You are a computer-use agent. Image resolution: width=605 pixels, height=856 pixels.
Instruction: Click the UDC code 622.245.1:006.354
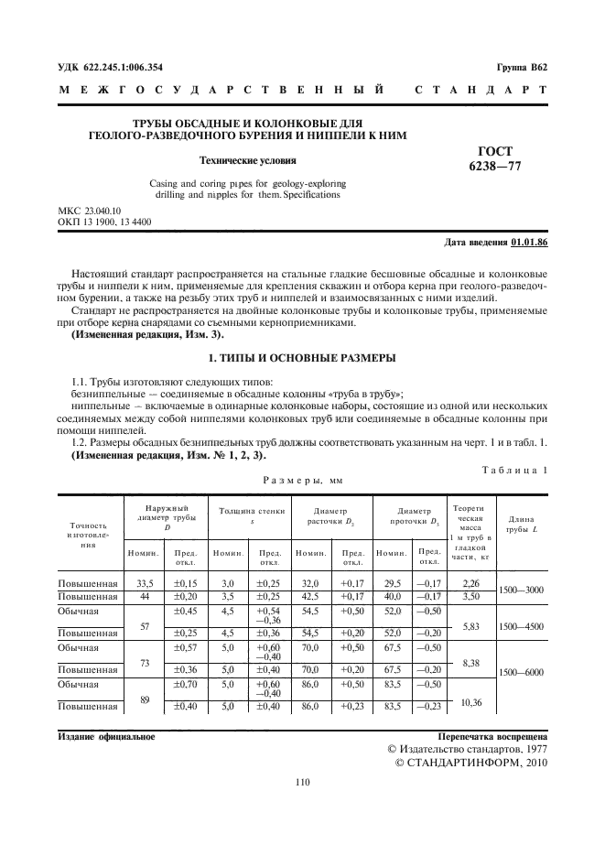(x=123, y=68)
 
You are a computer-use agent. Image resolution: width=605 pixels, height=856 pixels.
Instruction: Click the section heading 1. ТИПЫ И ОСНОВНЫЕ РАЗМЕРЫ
(x=302, y=355)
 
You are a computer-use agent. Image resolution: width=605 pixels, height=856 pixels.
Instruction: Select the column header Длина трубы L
(x=521, y=524)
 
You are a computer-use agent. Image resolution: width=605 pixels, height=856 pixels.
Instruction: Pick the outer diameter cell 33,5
(x=144, y=582)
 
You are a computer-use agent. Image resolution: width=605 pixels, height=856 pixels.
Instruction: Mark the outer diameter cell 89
(x=144, y=699)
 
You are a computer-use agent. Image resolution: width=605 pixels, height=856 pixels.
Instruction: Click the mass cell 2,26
(x=471, y=582)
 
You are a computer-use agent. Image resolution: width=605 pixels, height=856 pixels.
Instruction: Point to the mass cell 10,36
(x=471, y=701)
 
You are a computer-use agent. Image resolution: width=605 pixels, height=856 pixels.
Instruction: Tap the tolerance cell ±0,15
(x=186, y=582)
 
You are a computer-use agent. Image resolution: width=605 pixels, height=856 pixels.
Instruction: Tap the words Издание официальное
(x=106, y=735)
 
